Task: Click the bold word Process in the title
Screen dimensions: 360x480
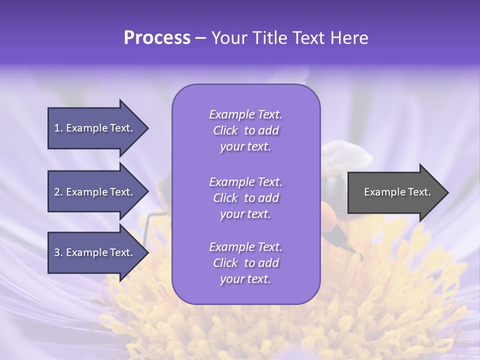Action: [x=157, y=38]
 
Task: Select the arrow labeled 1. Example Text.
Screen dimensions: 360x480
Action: [x=93, y=128]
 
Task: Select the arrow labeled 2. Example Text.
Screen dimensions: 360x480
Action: [x=93, y=192]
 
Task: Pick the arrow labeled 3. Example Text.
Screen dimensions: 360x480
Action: [x=93, y=252]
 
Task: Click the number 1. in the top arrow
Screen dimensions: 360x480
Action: [x=58, y=128]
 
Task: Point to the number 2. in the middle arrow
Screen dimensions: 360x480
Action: [x=58, y=192]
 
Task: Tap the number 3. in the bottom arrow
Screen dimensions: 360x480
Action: [x=58, y=252]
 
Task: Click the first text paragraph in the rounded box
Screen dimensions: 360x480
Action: [x=245, y=130]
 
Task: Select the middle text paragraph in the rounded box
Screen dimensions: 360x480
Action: [x=245, y=198]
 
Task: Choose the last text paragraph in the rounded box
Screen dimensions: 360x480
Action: [x=245, y=263]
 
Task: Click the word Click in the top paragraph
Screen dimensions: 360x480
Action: [x=225, y=130]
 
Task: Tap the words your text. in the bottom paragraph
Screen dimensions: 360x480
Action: [x=245, y=279]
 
